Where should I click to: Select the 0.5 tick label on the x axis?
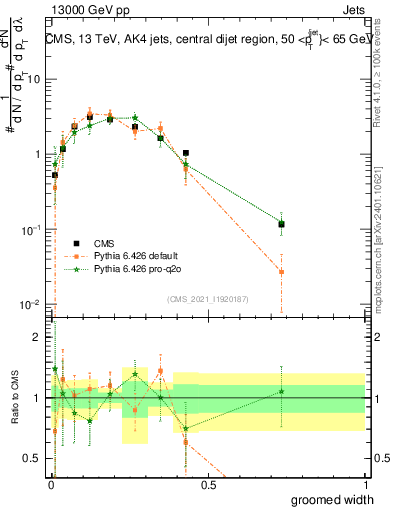click(x=207, y=484)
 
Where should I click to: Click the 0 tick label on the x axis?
click(x=50, y=484)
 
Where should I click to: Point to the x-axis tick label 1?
click(x=364, y=484)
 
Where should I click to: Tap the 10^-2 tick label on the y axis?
click(x=32, y=304)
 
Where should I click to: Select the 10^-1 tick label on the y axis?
click(x=32, y=229)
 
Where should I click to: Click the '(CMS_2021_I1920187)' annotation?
click(x=207, y=298)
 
